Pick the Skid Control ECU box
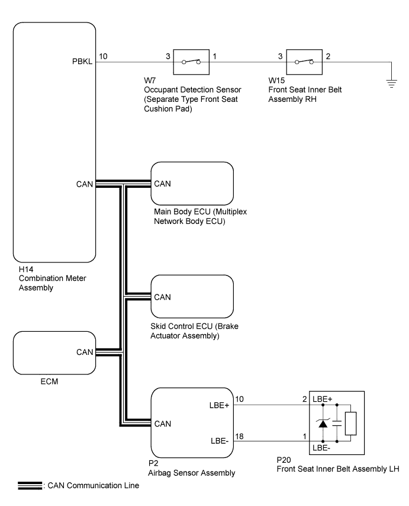point(192,296)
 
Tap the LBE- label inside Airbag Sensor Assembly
point(220,440)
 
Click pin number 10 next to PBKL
point(104,56)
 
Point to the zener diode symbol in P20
point(323,422)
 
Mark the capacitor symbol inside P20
point(337,422)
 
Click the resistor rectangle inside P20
point(351,422)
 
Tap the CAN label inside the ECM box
point(85,352)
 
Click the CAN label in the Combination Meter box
point(85,184)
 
